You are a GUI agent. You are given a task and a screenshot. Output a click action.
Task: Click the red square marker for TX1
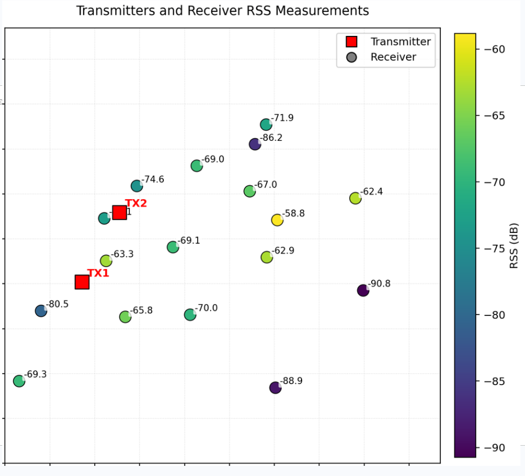[x=82, y=282]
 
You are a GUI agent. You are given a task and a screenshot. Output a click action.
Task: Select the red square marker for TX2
[x=119, y=212]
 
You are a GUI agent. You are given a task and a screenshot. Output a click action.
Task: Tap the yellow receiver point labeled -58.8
[x=277, y=220]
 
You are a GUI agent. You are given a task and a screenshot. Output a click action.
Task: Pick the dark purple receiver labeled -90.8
[x=363, y=290]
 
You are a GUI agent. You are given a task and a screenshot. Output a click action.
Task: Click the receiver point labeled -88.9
[x=275, y=387]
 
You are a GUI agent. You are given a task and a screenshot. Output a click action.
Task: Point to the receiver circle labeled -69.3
[x=19, y=381]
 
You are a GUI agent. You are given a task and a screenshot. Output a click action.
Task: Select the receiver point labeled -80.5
[x=41, y=310]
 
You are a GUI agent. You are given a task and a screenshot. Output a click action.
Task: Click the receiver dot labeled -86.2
[x=255, y=144]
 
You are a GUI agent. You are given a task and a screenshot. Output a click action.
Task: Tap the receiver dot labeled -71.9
[x=266, y=125]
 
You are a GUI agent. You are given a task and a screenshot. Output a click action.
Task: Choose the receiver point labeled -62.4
[x=355, y=198]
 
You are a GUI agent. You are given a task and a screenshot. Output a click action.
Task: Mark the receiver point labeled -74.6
[x=136, y=186]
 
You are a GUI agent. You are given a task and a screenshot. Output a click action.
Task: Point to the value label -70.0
[x=206, y=308]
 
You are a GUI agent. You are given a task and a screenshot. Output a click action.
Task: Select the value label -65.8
[x=141, y=310]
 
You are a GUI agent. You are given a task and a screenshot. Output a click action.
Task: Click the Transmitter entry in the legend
[x=400, y=42]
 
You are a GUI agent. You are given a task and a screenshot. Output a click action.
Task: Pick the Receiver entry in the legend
[x=393, y=57]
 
